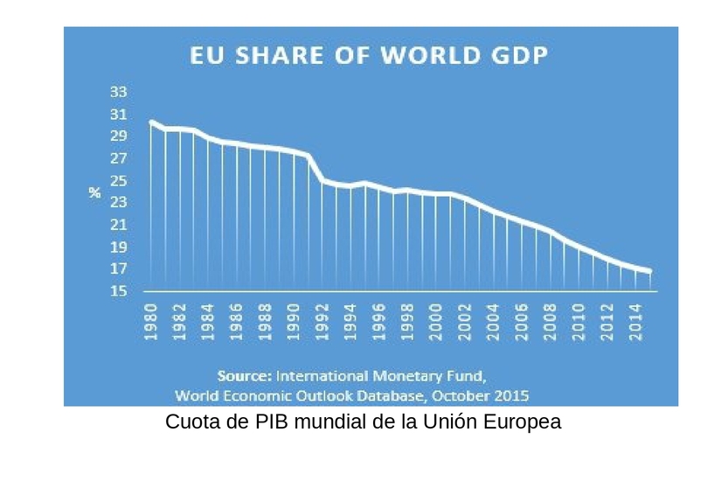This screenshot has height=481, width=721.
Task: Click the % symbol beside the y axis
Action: pyautogui.click(x=95, y=192)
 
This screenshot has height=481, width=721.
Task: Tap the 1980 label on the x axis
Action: pyautogui.click(x=151, y=322)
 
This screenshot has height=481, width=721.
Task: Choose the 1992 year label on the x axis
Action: pyautogui.click(x=322, y=322)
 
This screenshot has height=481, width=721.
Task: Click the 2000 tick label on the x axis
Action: pyautogui.click(x=436, y=322)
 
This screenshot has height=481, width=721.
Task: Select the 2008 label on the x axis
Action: pyautogui.click(x=550, y=322)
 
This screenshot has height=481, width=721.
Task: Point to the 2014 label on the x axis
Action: pyautogui.click(x=635, y=322)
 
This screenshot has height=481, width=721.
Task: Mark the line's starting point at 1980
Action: pyautogui.click(x=151, y=122)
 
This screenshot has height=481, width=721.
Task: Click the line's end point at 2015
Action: pyautogui.click(x=649, y=272)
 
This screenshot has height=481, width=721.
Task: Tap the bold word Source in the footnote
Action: pyautogui.click(x=245, y=376)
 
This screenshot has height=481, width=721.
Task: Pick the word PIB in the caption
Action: pyautogui.click(x=273, y=422)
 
